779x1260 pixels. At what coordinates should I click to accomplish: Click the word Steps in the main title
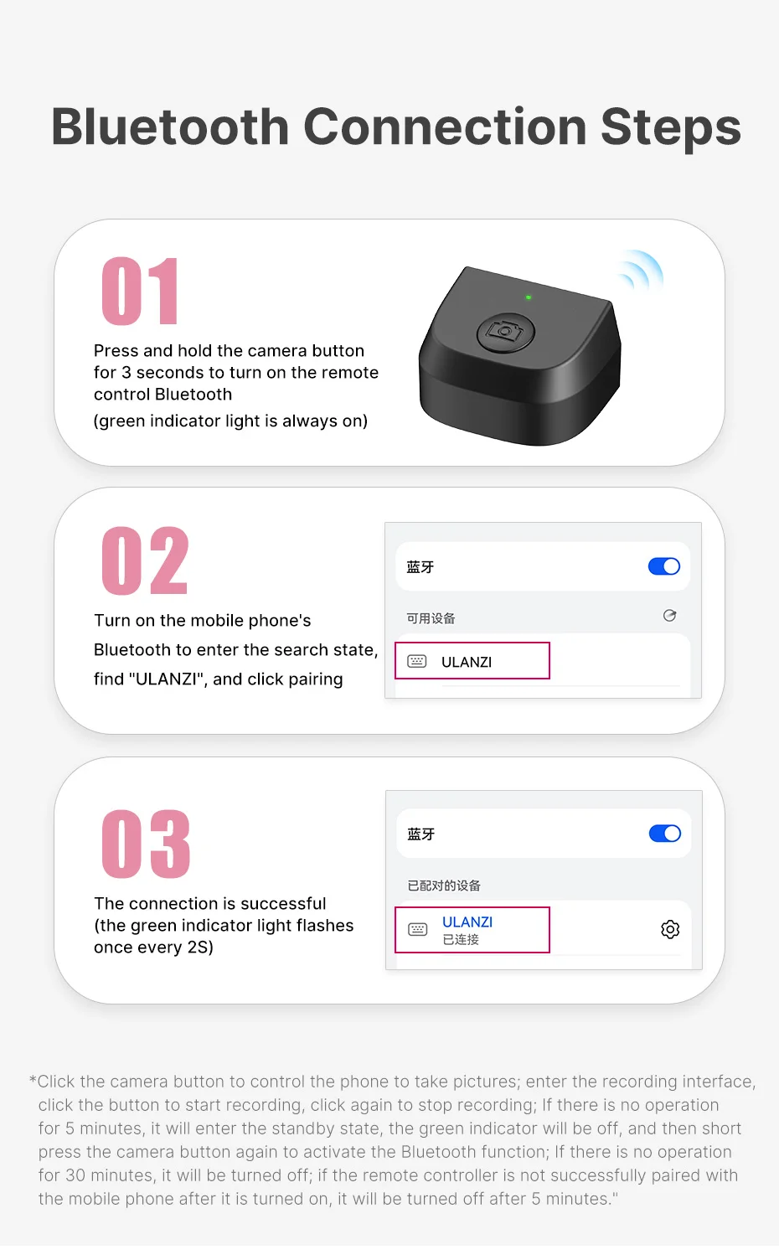tap(670, 127)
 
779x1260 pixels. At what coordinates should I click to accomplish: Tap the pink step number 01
tap(140, 292)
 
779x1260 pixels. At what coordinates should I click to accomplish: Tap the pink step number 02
tap(145, 561)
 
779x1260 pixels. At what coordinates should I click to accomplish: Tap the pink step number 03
tap(146, 844)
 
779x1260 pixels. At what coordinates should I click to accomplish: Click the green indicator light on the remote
tap(528, 297)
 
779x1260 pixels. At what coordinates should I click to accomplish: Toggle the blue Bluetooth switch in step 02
tap(664, 567)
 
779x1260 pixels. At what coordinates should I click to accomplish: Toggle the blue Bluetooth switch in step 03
tap(665, 834)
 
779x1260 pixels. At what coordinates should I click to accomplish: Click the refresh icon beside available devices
tap(669, 616)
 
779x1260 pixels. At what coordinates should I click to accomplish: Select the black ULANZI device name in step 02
tap(467, 662)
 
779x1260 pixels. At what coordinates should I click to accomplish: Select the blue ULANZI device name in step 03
tap(467, 922)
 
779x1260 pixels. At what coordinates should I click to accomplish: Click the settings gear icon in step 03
tap(670, 929)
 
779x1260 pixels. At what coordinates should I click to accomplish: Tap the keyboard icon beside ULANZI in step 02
tap(417, 662)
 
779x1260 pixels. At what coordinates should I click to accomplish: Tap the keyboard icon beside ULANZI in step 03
tap(417, 929)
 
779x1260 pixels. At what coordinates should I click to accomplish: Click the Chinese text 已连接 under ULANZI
tap(461, 940)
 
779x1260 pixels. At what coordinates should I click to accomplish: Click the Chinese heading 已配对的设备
tap(444, 886)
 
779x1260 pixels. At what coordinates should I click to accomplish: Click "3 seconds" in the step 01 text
tap(159, 373)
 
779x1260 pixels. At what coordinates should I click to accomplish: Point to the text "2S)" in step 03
tap(200, 948)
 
